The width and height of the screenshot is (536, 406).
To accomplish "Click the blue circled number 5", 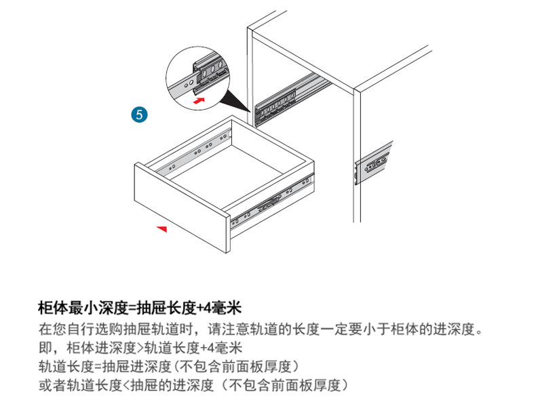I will tap(140, 114).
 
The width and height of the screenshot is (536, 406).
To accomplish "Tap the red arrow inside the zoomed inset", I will tap(198, 100).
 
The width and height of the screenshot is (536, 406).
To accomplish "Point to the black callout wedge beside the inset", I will tap(237, 101).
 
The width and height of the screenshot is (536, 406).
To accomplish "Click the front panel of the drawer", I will tap(180, 204).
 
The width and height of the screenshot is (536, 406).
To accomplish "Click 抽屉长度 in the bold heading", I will tap(166, 308).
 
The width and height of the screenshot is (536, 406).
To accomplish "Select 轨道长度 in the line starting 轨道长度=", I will tap(63, 368).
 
